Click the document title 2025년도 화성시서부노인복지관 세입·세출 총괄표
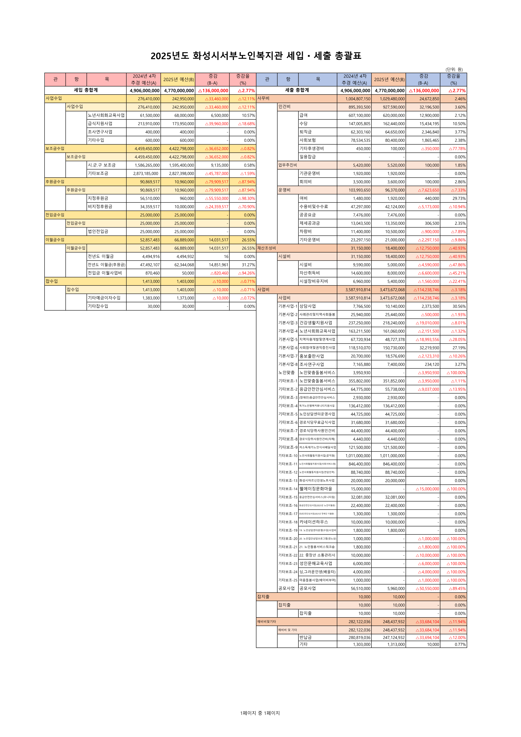256,56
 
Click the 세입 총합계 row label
86,90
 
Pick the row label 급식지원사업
100,124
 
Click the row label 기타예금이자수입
104,298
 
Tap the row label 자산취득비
310,273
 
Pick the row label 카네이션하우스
314,522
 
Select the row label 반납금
305,637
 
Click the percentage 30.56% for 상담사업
459,307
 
